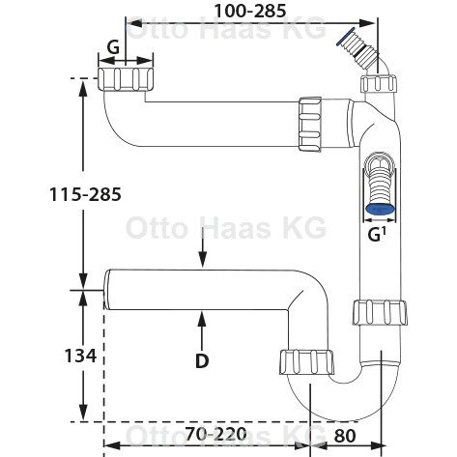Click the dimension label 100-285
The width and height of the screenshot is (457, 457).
click(x=250, y=11)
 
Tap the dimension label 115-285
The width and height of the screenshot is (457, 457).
click(x=85, y=194)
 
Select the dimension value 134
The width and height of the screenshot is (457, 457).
click(x=80, y=356)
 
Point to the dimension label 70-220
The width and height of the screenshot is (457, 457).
click(x=215, y=434)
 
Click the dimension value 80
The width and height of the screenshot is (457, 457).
click(x=345, y=436)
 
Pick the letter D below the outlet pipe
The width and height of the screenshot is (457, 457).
click(x=202, y=361)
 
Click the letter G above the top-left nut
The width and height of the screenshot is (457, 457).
click(x=113, y=47)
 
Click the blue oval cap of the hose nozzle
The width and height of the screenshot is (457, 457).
click(x=381, y=210)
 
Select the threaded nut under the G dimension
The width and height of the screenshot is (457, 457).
click(x=126, y=79)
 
